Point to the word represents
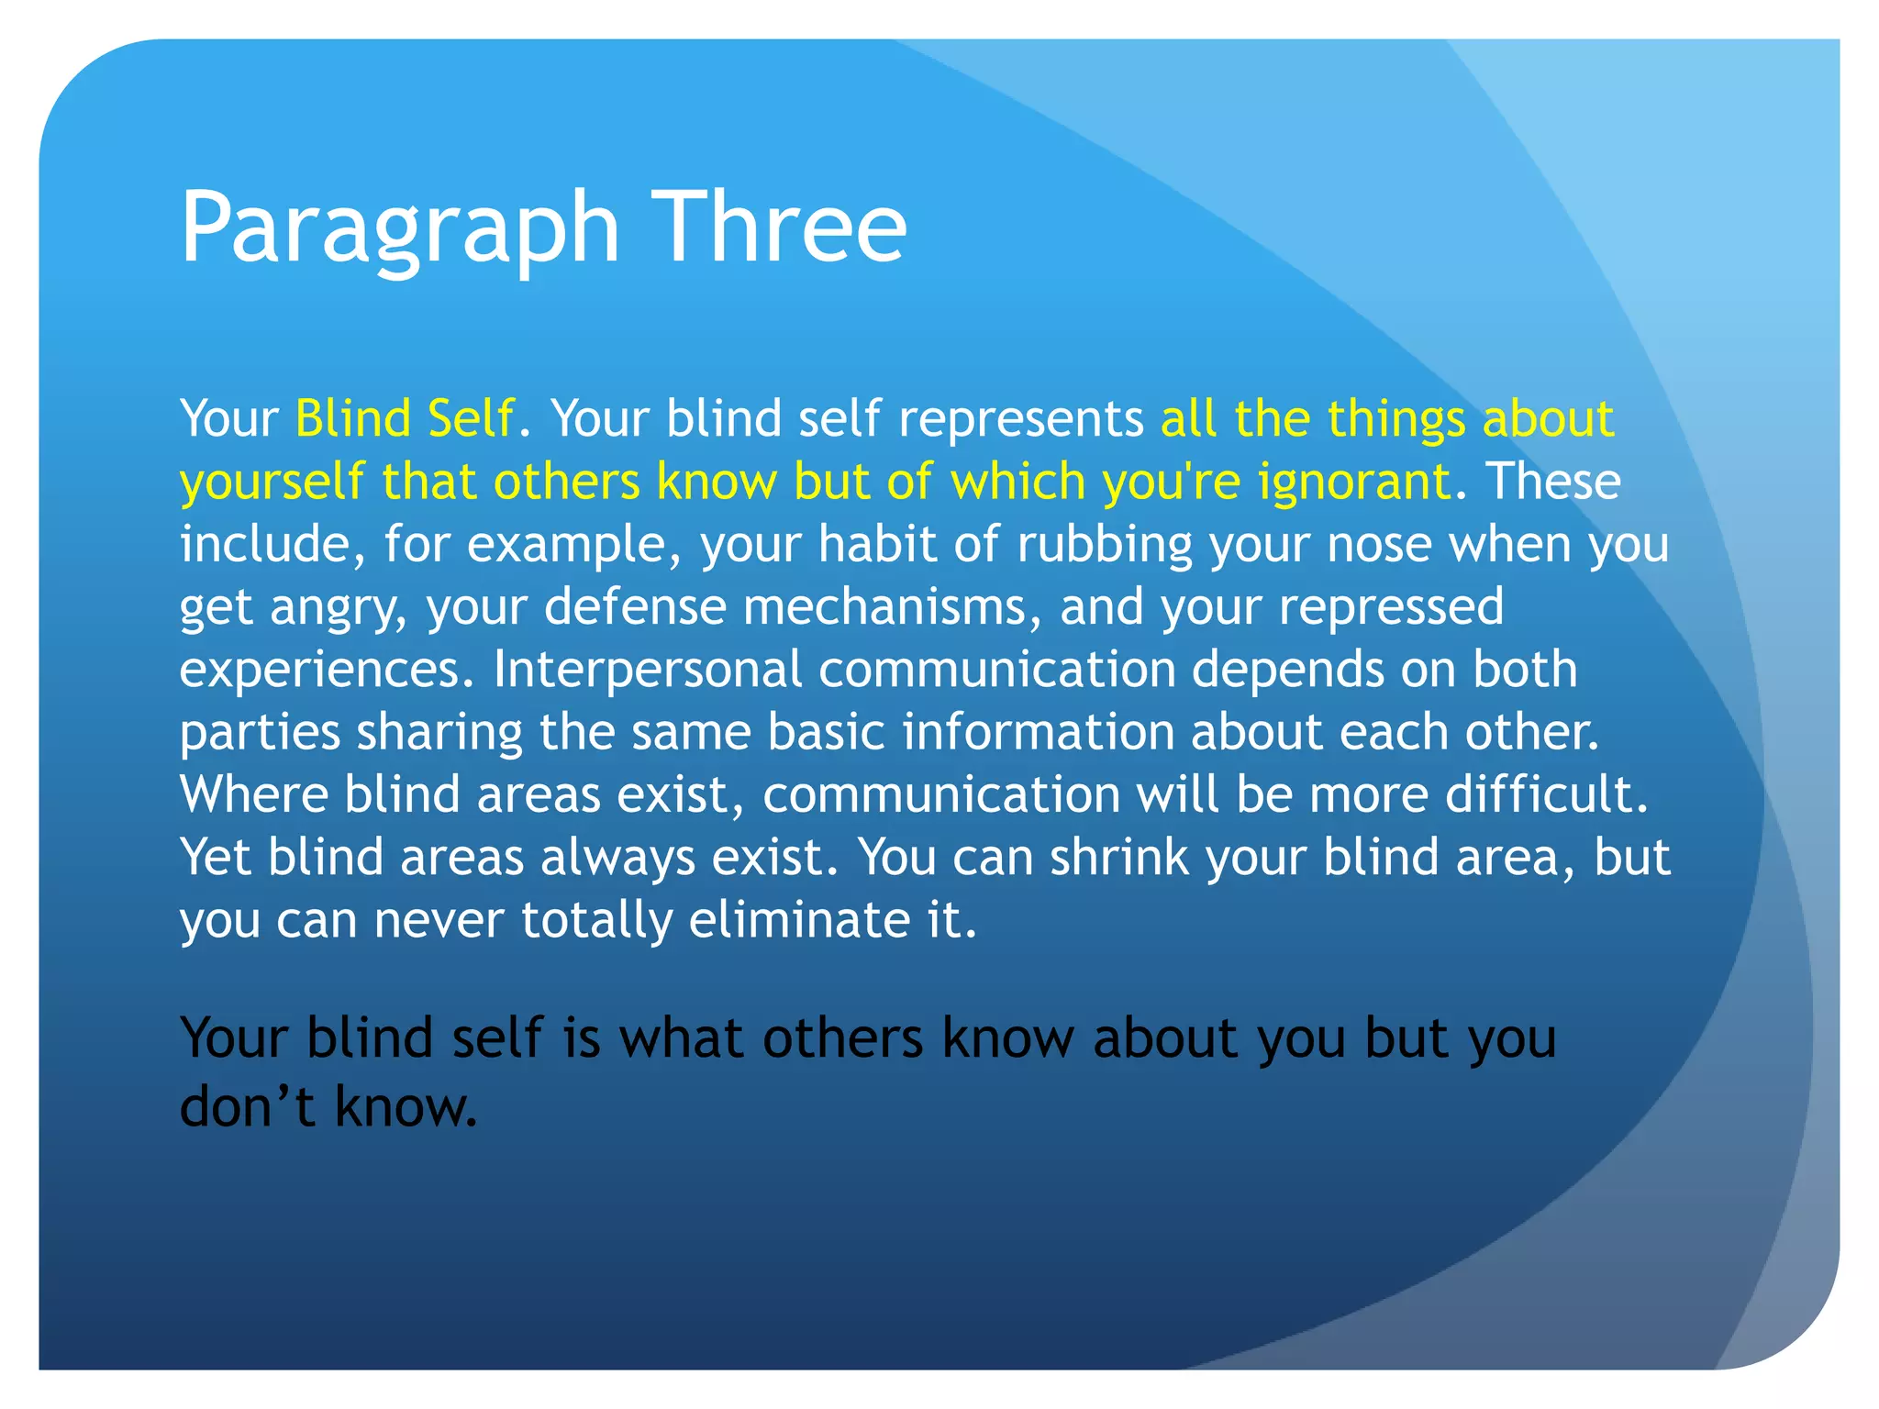(x=1020, y=420)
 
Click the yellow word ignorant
(x=1355, y=483)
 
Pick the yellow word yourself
(x=272, y=483)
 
